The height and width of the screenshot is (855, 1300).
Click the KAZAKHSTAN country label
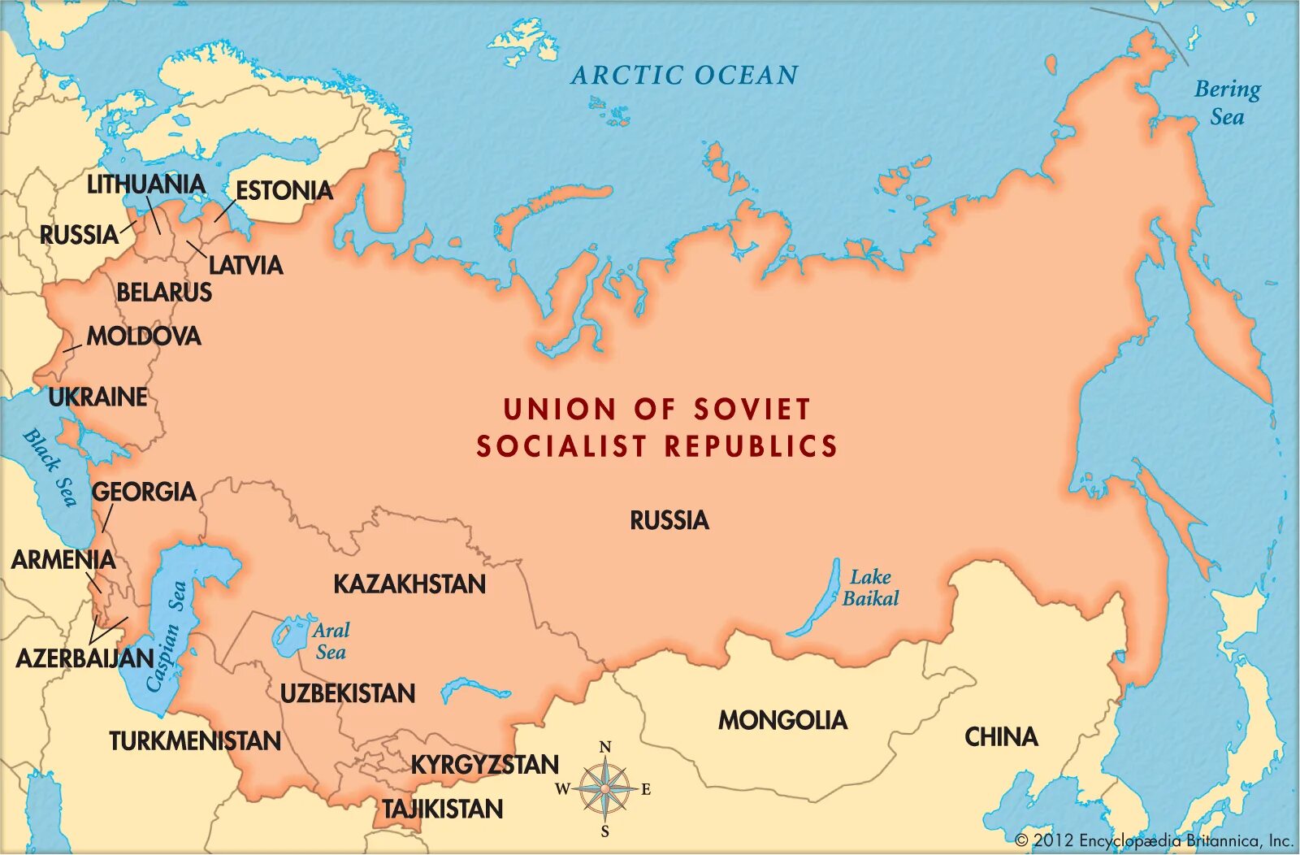tap(409, 584)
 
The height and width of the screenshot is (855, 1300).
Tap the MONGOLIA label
tap(782, 720)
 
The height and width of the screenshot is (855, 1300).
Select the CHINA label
tap(1001, 737)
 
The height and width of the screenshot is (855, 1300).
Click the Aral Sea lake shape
tap(286, 636)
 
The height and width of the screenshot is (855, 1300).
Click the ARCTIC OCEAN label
tap(684, 76)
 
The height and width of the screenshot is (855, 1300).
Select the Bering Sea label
tap(1227, 102)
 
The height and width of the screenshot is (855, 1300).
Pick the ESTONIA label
tap(284, 191)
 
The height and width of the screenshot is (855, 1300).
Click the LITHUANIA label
tap(146, 184)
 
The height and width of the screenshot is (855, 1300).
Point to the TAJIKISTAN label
tap(443, 809)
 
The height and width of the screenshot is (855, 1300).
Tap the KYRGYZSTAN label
tap(484, 765)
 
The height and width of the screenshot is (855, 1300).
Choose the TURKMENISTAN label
tap(195, 741)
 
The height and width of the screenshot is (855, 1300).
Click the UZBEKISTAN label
tap(348, 693)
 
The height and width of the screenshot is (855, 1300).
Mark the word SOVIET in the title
tap(752, 409)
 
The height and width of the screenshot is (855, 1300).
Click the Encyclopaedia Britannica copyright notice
tap(1154, 840)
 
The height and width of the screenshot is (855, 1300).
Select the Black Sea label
tap(49, 467)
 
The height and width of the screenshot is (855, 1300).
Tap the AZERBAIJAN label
tap(84, 658)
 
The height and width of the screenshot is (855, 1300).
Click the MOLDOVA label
tap(144, 336)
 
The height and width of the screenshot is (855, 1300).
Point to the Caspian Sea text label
tap(167, 636)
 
